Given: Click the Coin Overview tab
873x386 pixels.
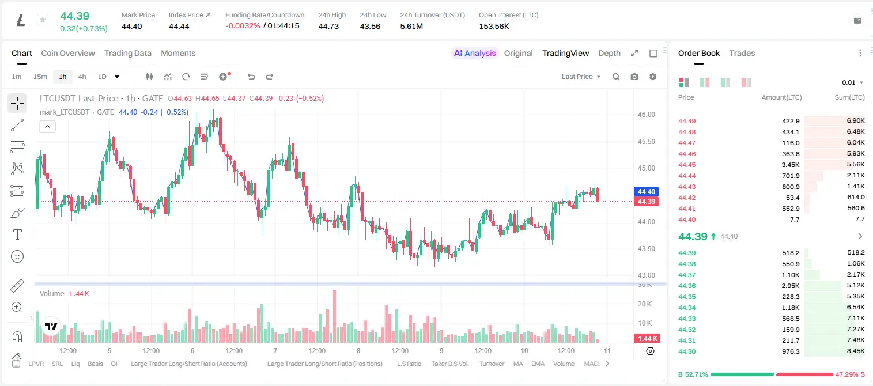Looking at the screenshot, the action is (68, 53).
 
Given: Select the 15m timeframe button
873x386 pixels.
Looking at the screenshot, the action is (40, 77).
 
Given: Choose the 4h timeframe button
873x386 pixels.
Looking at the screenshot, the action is (82, 77).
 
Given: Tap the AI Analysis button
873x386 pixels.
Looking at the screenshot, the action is (475, 53).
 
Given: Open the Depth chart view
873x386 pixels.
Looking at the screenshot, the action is (609, 53).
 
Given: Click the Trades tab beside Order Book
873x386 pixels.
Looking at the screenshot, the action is (742, 53).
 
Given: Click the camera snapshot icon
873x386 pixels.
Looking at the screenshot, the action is (634, 77).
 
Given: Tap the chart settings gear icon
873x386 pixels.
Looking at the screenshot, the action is (653, 77).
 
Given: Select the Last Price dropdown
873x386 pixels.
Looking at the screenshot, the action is (581, 77).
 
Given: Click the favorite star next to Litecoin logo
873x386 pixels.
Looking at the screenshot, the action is (43, 20).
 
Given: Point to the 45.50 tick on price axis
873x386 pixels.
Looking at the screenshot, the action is (646, 141).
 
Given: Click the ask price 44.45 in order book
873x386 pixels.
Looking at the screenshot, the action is (687, 165).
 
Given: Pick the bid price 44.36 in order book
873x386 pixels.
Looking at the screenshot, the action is (687, 286).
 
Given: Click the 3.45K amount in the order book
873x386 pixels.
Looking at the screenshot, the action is (791, 165).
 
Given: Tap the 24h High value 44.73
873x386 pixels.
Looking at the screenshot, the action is (328, 26).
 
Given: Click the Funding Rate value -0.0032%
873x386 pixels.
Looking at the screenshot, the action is (243, 26).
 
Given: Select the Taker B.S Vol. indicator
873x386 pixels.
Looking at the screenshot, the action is (449, 364).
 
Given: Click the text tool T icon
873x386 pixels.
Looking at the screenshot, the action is (17, 234).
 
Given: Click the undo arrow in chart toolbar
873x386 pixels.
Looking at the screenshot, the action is (251, 77).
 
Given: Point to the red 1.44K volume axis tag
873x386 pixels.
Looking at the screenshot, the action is (646, 339).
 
